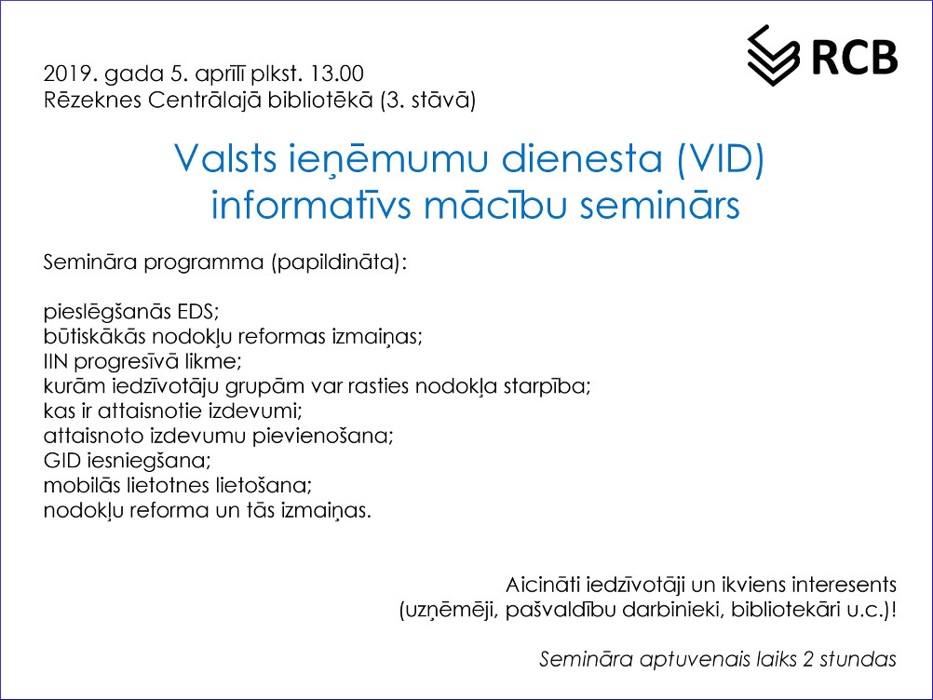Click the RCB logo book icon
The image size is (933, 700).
pyautogui.click(x=773, y=55)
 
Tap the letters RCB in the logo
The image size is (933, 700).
pyautogui.click(x=855, y=58)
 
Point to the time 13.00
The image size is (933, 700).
pyautogui.click(x=337, y=74)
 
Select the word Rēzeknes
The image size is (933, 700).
pyautogui.click(x=92, y=100)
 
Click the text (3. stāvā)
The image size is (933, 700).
pyautogui.click(x=427, y=100)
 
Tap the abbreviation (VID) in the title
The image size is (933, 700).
pyautogui.click(x=721, y=159)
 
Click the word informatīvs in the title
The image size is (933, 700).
pyautogui.click(x=311, y=205)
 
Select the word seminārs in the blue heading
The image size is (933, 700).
pyautogui.click(x=660, y=205)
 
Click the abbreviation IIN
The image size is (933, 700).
pyautogui.click(x=55, y=361)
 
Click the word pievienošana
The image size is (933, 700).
pyautogui.click(x=322, y=436)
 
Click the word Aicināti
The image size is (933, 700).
pyautogui.click(x=543, y=585)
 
